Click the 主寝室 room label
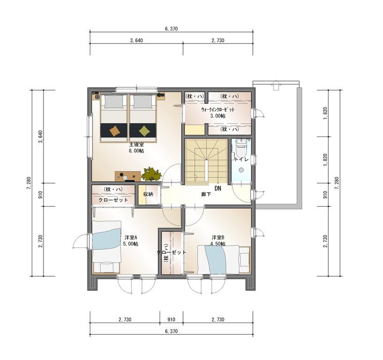pyautogui.click(x=136, y=145)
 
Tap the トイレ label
pyautogui.click(x=241, y=159)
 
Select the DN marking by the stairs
pyautogui.click(x=218, y=188)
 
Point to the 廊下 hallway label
pyautogui.click(x=206, y=195)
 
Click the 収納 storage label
pyautogui.click(x=148, y=194)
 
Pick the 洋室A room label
pyautogui.click(x=131, y=238)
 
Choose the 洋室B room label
pyautogui.click(x=218, y=238)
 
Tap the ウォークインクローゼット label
pyautogui.click(x=218, y=110)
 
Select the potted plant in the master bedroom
pyautogui.click(x=151, y=174)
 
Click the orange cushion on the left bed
pyautogui.click(x=115, y=131)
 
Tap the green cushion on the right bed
pyautogui.click(x=144, y=131)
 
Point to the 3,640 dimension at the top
pyautogui.click(x=136, y=40)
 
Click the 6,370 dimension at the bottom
pyautogui.click(x=171, y=331)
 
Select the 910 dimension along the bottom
pyautogui.click(x=171, y=320)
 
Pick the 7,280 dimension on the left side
pyautogui.click(x=29, y=183)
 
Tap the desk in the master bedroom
pyautogui.click(x=128, y=176)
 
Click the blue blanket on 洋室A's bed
pyautogui.click(x=106, y=239)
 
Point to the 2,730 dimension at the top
pyautogui.click(x=218, y=40)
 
